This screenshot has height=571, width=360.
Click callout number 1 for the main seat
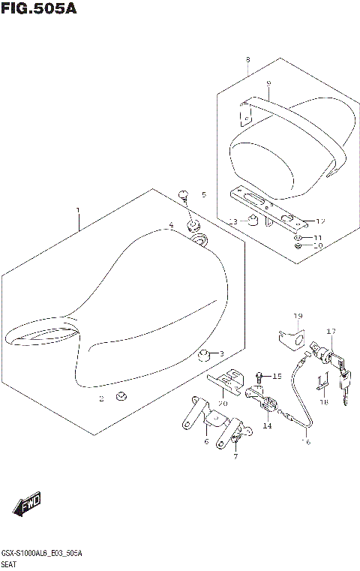pyautogui.click(x=76, y=211)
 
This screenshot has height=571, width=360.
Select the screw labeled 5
pyautogui.click(x=184, y=197)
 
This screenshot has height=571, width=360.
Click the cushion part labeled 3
pyautogui.click(x=203, y=355)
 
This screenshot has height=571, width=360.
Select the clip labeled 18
pyautogui.click(x=322, y=384)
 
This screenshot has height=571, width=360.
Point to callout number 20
pyautogui.click(x=222, y=404)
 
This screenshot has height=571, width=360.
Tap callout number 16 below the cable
pyautogui.click(x=305, y=443)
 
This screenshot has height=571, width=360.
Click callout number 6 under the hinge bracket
pyautogui.click(x=205, y=442)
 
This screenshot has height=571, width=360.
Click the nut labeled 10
pyautogui.click(x=298, y=245)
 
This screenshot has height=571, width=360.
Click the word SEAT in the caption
pyautogui.click(x=11, y=563)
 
